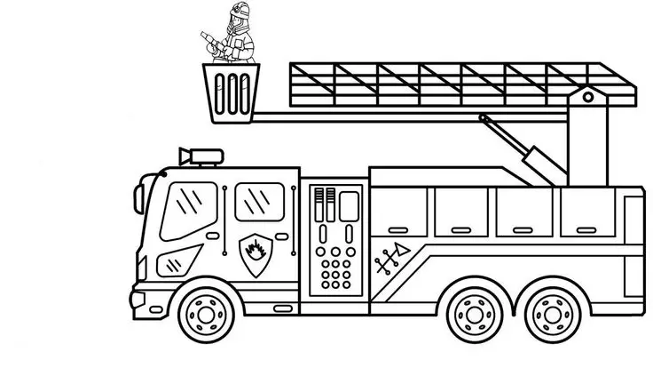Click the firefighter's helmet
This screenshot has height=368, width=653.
(x=236, y=10)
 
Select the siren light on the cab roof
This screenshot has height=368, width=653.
(x=201, y=156)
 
